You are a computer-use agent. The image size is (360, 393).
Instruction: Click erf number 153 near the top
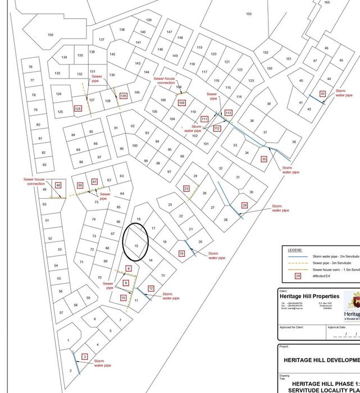pos(248,14)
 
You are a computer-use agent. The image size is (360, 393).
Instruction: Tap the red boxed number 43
pos(322,94)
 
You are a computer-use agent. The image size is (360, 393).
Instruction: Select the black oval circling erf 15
pos(135,242)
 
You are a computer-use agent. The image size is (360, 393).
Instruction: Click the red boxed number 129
pos(123,96)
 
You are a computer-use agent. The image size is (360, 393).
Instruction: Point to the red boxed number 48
pos(58,185)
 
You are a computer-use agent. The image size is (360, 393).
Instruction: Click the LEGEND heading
pos(294,250)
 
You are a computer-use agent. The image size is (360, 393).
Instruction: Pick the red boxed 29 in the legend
pos(298,276)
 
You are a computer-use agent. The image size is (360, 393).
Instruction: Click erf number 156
pos(51,35)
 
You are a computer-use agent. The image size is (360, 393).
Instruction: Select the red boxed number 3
pos(84,357)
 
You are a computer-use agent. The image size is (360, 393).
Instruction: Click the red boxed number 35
pos(264,159)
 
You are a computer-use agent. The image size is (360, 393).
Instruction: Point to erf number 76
pos(30,67)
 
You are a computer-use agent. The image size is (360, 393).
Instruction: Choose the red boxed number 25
pos(186,189)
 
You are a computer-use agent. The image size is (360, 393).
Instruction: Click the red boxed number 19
pos(181,254)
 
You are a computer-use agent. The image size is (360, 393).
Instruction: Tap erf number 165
pos(327,2)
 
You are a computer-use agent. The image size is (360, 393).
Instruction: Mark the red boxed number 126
pos(78,108)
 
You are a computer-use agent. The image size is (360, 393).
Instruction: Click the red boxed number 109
pos(181,103)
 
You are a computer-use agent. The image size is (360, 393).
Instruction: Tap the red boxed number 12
pos(151,288)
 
